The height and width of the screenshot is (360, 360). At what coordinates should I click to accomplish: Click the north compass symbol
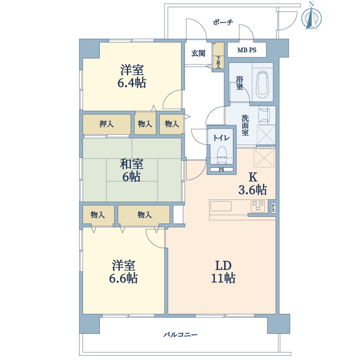click(x=311, y=16)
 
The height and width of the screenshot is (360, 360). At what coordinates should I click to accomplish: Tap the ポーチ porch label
click(x=223, y=22)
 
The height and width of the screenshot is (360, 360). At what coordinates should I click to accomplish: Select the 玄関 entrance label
click(x=198, y=53)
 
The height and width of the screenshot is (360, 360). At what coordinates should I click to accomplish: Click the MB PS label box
click(x=247, y=50)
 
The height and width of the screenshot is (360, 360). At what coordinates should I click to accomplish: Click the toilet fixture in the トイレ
click(x=221, y=155)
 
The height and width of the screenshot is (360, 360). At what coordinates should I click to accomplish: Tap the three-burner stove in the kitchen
click(x=258, y=206)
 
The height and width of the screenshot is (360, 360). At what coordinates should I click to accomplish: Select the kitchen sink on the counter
click(x=221, y=206)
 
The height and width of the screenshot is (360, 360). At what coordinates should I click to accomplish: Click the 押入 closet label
click(x=107, y=124)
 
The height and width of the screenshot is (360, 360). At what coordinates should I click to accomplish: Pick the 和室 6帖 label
click(x=131, y=170)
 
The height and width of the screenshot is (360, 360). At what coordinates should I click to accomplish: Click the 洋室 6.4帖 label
click(x=132, y=76)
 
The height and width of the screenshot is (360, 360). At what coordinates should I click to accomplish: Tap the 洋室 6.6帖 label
click(x=123, y=272)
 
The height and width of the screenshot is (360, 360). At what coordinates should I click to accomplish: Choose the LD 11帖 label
click(x=223, y=272)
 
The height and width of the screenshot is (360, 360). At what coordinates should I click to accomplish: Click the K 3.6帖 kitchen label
click(x=253, y=184)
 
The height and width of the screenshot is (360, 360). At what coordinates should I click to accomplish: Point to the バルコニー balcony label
click(x=180, y=335)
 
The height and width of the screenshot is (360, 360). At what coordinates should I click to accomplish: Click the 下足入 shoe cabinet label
click(x=219, y=62)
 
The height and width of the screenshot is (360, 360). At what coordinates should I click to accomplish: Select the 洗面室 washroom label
click(x=245, y=125)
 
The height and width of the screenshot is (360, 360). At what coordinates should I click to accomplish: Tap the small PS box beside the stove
click(x=273, y=208)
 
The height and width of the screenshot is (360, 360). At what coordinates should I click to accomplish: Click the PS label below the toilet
click(x=221, y=170)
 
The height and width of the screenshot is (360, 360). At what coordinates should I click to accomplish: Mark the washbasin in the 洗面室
click(x=264, y=115)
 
